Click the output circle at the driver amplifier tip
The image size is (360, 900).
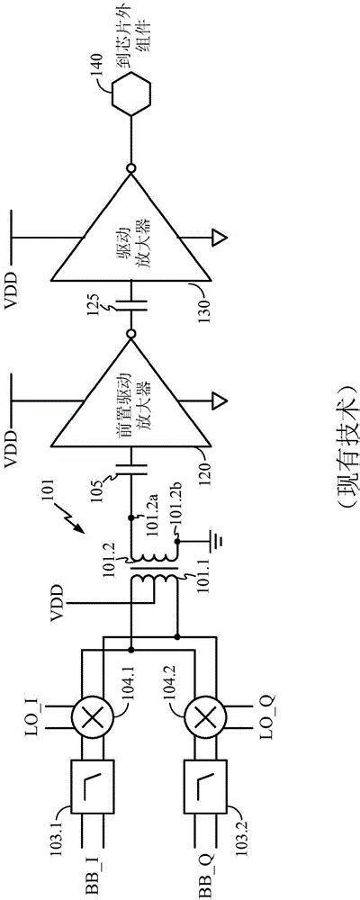tap(131, 167)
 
